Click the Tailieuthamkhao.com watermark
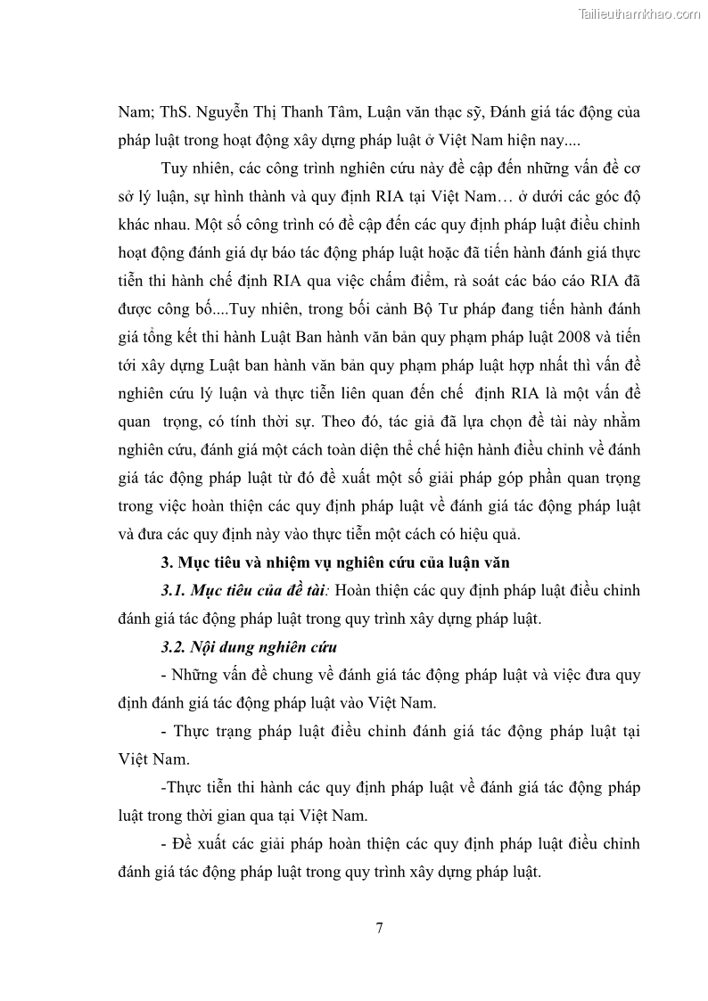coord(639,13)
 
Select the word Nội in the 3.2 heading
coord(215,646)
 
